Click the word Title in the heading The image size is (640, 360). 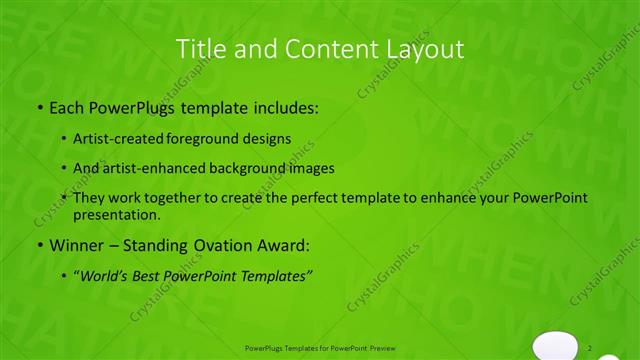(200, 48)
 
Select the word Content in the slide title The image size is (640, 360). (311, 48)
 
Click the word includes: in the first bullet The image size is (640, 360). (283, 106)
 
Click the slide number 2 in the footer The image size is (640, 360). (590, 347)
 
